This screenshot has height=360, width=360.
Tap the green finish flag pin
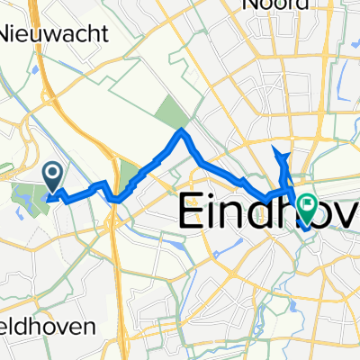308,209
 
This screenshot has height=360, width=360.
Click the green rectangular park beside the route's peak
169,112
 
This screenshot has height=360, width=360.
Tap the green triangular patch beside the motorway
129,175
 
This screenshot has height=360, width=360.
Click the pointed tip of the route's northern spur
273,145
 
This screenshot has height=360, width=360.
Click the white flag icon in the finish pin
308,206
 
